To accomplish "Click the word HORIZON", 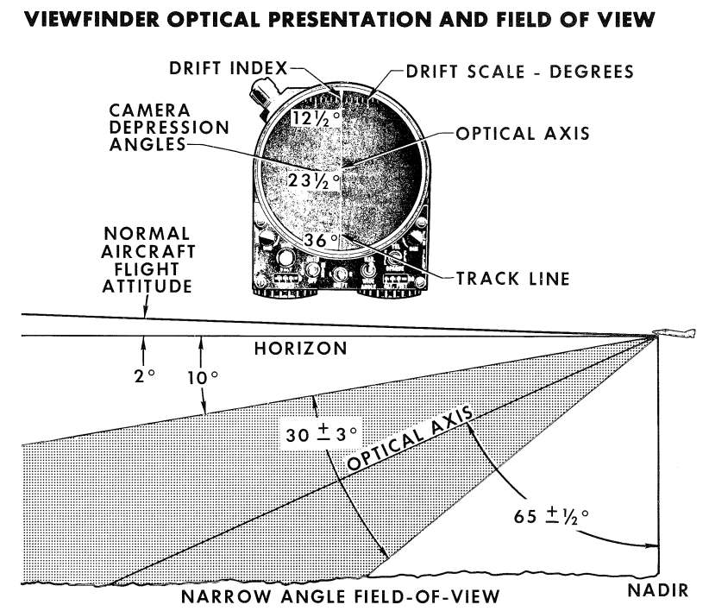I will (300, 349).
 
